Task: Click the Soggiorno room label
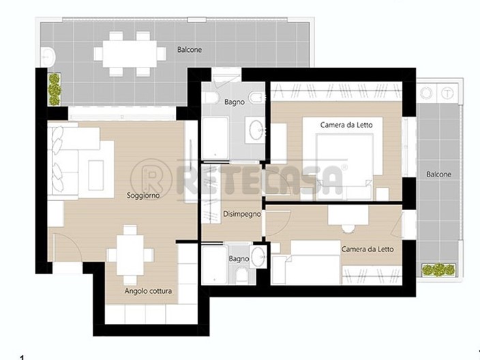(143, 196)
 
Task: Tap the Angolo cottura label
(148, 291)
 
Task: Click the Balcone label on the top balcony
(190, 50)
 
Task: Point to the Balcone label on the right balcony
(438, 175)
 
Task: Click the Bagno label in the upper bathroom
(235, 102)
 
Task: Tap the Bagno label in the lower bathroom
(239, 259)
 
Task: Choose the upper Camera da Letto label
(351, 124)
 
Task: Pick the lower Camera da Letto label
(367, 250)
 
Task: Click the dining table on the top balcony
(130, 52)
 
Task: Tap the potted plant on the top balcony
(54, 87)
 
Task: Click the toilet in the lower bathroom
(242, 275)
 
